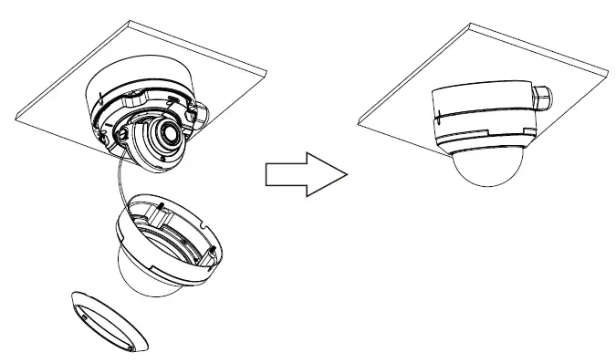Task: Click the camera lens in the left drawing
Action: coord(168,133)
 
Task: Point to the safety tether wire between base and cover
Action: coord(116,182)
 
